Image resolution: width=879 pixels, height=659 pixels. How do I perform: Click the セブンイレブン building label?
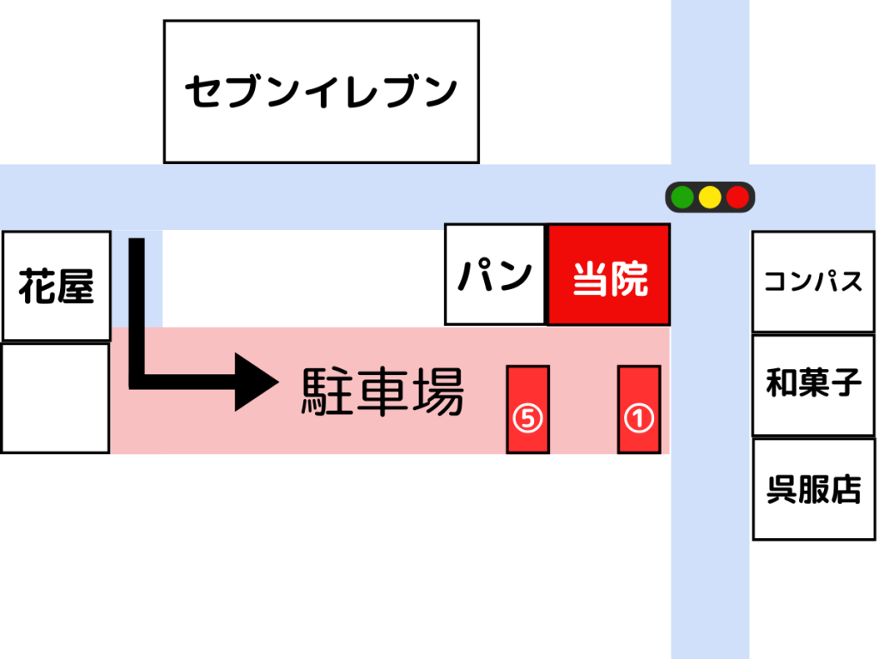point(321,92)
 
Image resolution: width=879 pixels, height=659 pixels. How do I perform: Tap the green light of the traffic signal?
point(682,197)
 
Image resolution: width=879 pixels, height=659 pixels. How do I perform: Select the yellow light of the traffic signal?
point(710,197)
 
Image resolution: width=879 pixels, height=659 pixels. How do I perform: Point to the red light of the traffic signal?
point(737,197)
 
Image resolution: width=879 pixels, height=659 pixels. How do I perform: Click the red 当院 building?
point(609,275)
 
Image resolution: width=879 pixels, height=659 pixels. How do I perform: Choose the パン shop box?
point(495,275)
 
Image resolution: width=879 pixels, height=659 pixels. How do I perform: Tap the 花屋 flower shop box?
point(57,285)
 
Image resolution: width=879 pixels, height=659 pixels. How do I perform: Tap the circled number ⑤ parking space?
point(528,409)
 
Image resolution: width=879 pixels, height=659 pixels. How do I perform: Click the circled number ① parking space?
point(639,409)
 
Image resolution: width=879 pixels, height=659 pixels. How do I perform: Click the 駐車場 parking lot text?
point(382,393)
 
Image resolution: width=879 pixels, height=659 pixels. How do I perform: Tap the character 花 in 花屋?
point(38,285)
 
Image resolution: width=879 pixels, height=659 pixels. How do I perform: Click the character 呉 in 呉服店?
point(782,489)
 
